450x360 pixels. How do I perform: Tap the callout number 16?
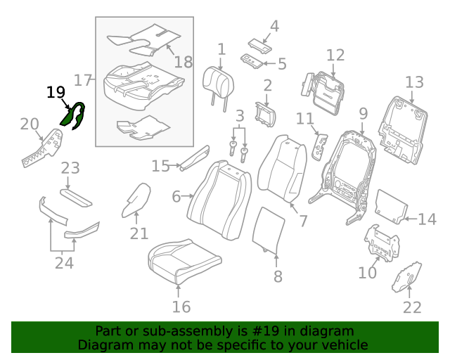click(181, 307)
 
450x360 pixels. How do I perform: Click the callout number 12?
click(335, 55)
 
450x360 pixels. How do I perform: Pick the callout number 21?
click(139, 233)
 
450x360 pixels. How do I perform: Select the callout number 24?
click(64, 263)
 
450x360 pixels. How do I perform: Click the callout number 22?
click(412, 307)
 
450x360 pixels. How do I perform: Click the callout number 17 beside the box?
click(83, 80)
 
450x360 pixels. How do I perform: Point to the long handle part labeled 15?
click(195, 159)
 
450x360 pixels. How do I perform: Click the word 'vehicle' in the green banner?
click(343, 345)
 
